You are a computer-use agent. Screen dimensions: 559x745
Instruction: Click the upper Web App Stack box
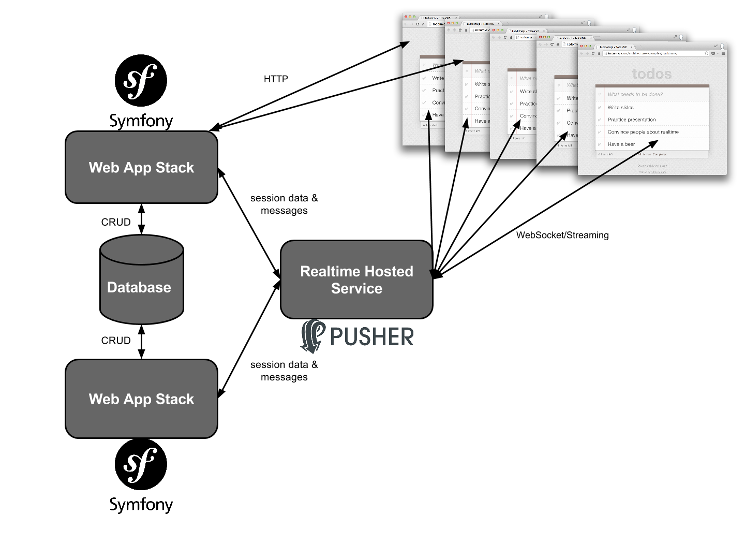141,167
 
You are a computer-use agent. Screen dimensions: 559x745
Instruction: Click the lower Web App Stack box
141,399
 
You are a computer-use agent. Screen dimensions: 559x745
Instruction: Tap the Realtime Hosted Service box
356,279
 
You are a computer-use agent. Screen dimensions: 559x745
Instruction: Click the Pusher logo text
371,337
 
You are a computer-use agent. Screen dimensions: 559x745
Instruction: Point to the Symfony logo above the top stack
140,81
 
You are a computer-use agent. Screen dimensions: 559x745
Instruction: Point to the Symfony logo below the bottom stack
140,465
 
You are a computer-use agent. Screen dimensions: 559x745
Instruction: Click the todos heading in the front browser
651,74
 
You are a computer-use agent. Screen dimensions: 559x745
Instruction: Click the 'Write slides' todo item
620,108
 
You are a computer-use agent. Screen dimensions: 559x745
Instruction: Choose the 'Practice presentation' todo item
631,120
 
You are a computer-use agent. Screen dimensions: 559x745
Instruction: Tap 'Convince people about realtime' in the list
643,132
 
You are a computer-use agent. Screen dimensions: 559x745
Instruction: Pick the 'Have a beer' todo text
621,144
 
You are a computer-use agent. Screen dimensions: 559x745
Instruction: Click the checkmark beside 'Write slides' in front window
600,108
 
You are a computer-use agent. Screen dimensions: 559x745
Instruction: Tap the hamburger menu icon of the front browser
723,53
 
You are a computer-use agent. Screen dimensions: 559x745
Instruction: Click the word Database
139,287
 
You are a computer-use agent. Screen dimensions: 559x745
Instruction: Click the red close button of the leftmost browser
406,17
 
